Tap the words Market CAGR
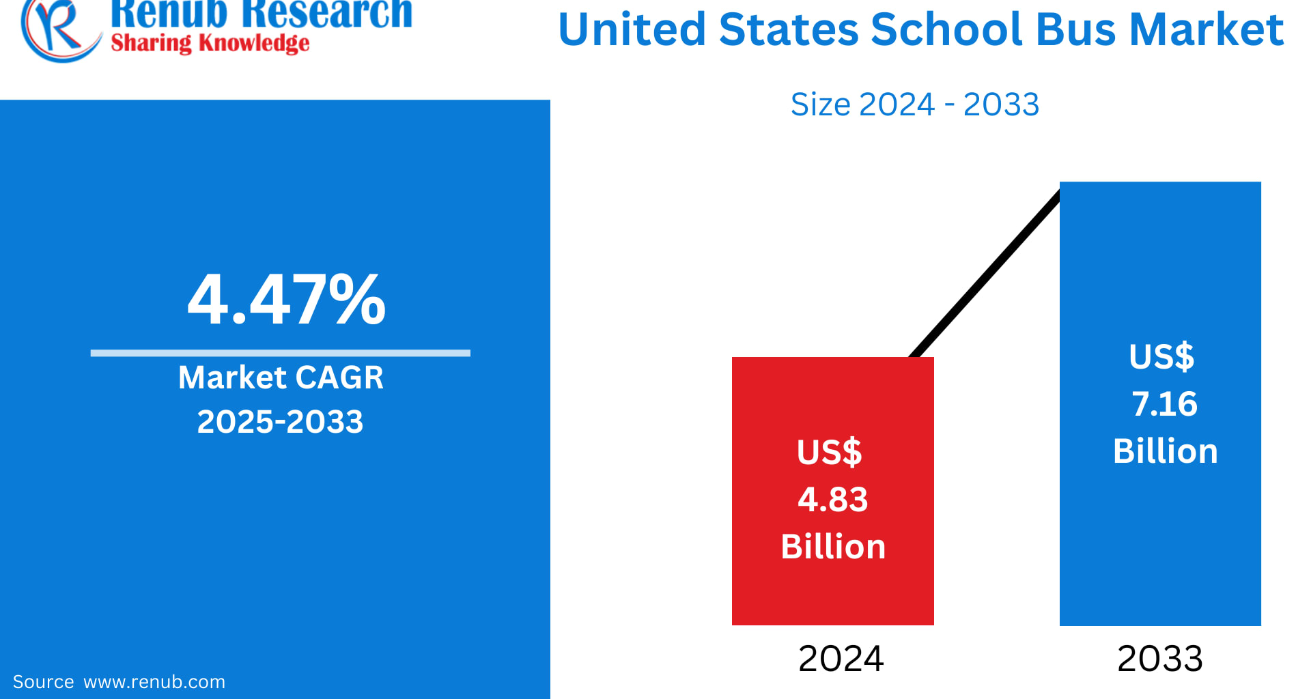click(281, 377)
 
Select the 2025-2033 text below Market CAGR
click(280, 421)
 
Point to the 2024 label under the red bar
click(841, 659)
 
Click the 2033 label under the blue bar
click(1159, 659)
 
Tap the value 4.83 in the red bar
click(832, 499)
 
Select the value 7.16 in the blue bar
click(1164, 403)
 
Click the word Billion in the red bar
click(833, 547)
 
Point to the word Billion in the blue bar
click(1165, 451)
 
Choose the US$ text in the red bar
click(829, 452)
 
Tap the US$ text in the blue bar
click(1161, 356)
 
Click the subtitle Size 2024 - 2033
click(914, 104)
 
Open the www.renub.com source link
click(154, 682)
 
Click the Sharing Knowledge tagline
click(210, 44)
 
